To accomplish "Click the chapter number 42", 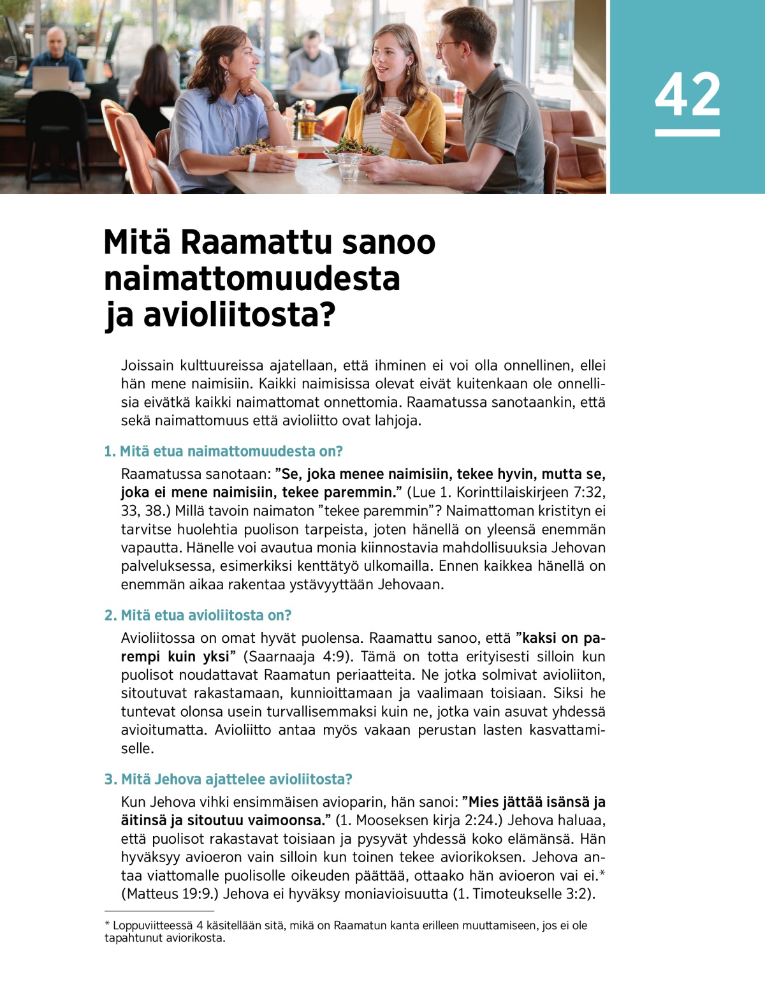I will pyautogui.click(x=687, y=94).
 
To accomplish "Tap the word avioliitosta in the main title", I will pyautogui.click(x=239, y=315).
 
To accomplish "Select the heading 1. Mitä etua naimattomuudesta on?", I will pyautogui.click(x=223, y=452).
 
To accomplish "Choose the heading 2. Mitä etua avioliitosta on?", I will pyautogui.click(x=198, y=615).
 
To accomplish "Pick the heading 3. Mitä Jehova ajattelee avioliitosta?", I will pyautogui.click(x=228, y=779).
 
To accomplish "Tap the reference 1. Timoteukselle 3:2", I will pyautogui.click(x=523, y=894).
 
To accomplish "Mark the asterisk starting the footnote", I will pyautogui.click(x=107, y=925).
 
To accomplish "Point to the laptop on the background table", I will pyautogui.click(x=50, y=78).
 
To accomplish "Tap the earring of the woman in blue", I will pyautogui.click(x=227, y=76).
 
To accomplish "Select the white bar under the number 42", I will pyautogui.click(x=687, y=133).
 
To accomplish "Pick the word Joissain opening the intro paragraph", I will pyautogui.click(x=147, y=366).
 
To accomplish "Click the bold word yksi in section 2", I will pyautogui.click(x=215, y=657).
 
